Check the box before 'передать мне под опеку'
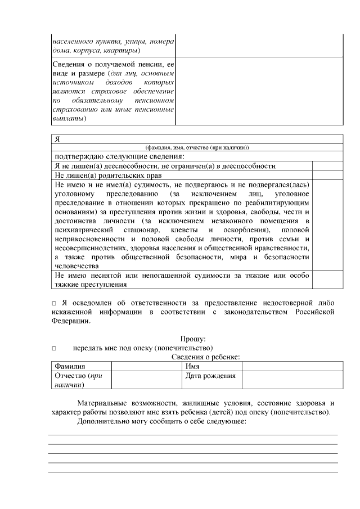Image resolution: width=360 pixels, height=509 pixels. tap(54, 348)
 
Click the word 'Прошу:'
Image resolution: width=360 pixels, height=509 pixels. tap(193, 339)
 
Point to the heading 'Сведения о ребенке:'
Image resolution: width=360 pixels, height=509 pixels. tap(206, 357)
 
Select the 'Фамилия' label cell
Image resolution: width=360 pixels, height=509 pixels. tap(70, 366)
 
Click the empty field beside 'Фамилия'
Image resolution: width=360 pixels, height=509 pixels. tap(144, 366)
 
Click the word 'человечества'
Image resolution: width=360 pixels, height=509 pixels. tap(76, 266)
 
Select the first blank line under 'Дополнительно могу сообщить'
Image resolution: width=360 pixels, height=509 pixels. tap(192, 434)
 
